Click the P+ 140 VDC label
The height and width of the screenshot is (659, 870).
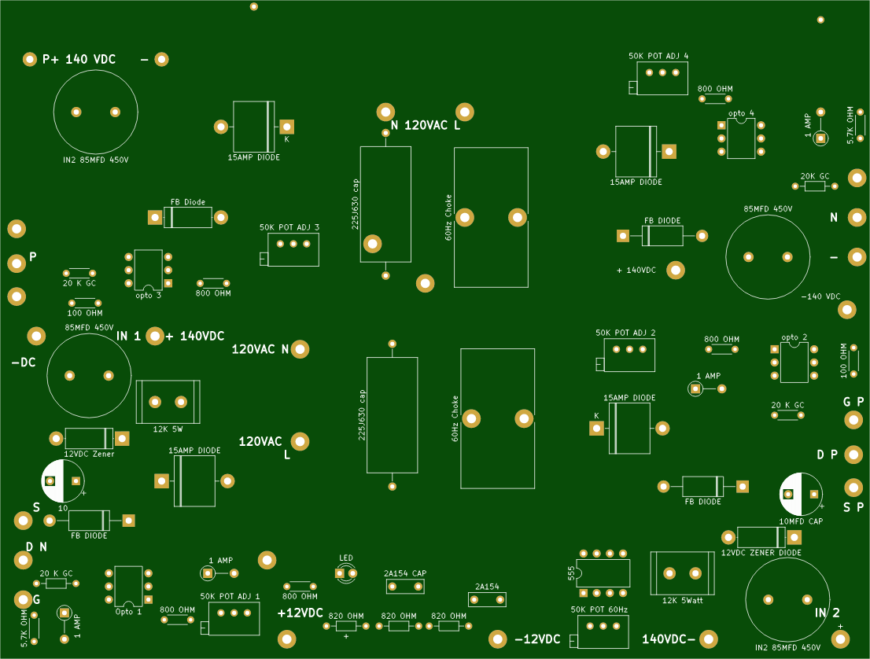(x=79, y=60)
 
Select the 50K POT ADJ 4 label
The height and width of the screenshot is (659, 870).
(x=658, y=57)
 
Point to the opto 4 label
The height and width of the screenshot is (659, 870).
(x=741, y=114)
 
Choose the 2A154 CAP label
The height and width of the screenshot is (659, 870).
(x=405, y=573)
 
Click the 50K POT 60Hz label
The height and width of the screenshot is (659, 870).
(x=599, y=609)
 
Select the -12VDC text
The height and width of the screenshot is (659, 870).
(x=537, y=639)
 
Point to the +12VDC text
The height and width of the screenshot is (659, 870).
(x=300, y=613)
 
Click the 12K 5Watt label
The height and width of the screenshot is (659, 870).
(x=683, y=600)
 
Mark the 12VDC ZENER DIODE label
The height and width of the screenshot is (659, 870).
(x=761, y=553)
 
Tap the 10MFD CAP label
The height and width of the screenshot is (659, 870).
(x=801, y=521)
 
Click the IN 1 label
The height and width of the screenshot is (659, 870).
(x=129, y=336)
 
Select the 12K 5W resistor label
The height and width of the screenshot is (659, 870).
(x=168, y=429)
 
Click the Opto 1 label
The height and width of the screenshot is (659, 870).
(x=129, y=611)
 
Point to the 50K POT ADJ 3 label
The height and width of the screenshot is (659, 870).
(x=289, y=227)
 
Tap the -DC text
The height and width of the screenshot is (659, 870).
(x=24, y=363)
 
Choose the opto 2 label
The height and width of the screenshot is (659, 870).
(x=794, y=337)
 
